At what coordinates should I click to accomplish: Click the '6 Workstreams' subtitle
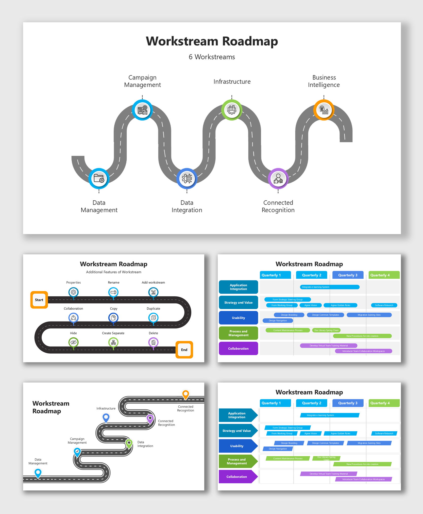[x=212, y=57]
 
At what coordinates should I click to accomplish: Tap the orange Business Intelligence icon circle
[x=324, y=110]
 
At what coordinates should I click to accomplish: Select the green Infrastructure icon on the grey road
[x=231, y=110]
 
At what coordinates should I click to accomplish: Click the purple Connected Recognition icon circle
[x=278, y=179]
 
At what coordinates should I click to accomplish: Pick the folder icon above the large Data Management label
[x=99, y=178]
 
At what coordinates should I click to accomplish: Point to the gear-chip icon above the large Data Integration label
[x=187, y=178]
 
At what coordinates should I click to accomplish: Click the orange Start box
[x=39, y=300]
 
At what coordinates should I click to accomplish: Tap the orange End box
[x=184, y=350]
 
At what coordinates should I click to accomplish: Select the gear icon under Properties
[x=73, y=292]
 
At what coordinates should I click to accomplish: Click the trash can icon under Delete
[x=153, y=342]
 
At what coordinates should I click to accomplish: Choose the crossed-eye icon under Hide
[x=73, y=342]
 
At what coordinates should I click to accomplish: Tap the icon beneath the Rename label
[x=113, y=292]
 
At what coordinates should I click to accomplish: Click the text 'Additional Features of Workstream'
[x=113, y=272]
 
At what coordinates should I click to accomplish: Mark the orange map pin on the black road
[x=186, y=394]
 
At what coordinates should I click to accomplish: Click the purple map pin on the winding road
[x=150, y=418]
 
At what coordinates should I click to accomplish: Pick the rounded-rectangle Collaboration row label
[x=238, y=348]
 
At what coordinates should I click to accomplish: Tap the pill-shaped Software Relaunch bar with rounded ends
[x=384, y=305]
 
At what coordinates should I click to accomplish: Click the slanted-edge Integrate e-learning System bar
[x=330, y=415]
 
